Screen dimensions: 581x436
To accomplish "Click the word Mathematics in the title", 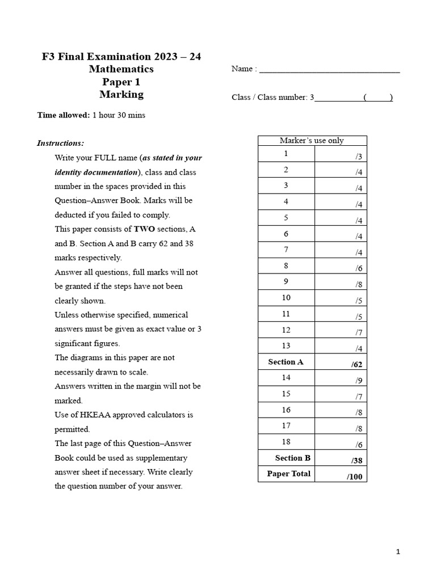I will (x=121, y=69).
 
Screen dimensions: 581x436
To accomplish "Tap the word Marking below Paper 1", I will (x=121, y=95).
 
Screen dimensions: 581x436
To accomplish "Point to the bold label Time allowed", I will (x=63, y=115).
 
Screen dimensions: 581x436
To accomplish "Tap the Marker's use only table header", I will (x=312, y=141).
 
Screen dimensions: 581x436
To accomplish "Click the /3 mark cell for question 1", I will (x=339, y=155).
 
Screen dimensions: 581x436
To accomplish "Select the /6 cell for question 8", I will (x=339, y=267).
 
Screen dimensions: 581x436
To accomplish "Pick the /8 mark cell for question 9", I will (x=339, y=283).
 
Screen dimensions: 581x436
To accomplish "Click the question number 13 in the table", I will (x=286, y=346).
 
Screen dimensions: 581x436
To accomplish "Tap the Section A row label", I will (x=286, y=362).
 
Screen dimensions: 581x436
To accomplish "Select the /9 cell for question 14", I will (x=339, y=379).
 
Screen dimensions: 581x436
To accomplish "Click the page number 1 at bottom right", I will (x=398, y=551).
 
